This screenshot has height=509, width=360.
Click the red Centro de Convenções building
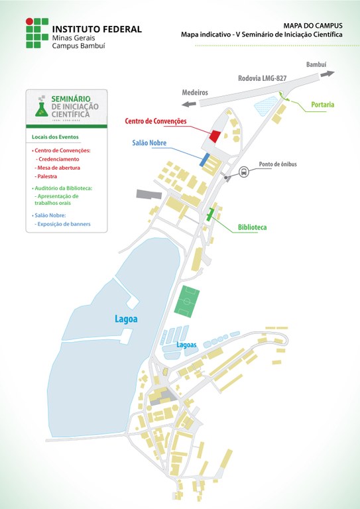[x=215, y=135]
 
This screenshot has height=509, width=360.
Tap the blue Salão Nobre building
[x=205, y=159]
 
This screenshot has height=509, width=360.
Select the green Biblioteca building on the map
[x=211, y=215]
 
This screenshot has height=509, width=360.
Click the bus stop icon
[x=244, y=172]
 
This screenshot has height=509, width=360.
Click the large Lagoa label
[x=125, y=319]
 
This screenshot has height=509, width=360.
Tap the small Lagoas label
[x=187, y=345]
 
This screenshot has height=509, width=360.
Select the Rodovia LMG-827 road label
[x=262, y=78]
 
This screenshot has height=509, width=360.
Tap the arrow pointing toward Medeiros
[x=190, y=103]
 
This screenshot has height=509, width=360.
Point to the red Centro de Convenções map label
[x=156, y=121]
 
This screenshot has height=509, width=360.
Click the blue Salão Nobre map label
[x=149, y=142]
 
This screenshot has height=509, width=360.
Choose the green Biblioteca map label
[x=252, y=227]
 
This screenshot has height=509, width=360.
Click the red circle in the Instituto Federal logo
[x=29, y=22]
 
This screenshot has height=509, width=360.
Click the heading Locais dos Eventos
[x=55, y=137]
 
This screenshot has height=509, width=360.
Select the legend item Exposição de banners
[x=62, y=225]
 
